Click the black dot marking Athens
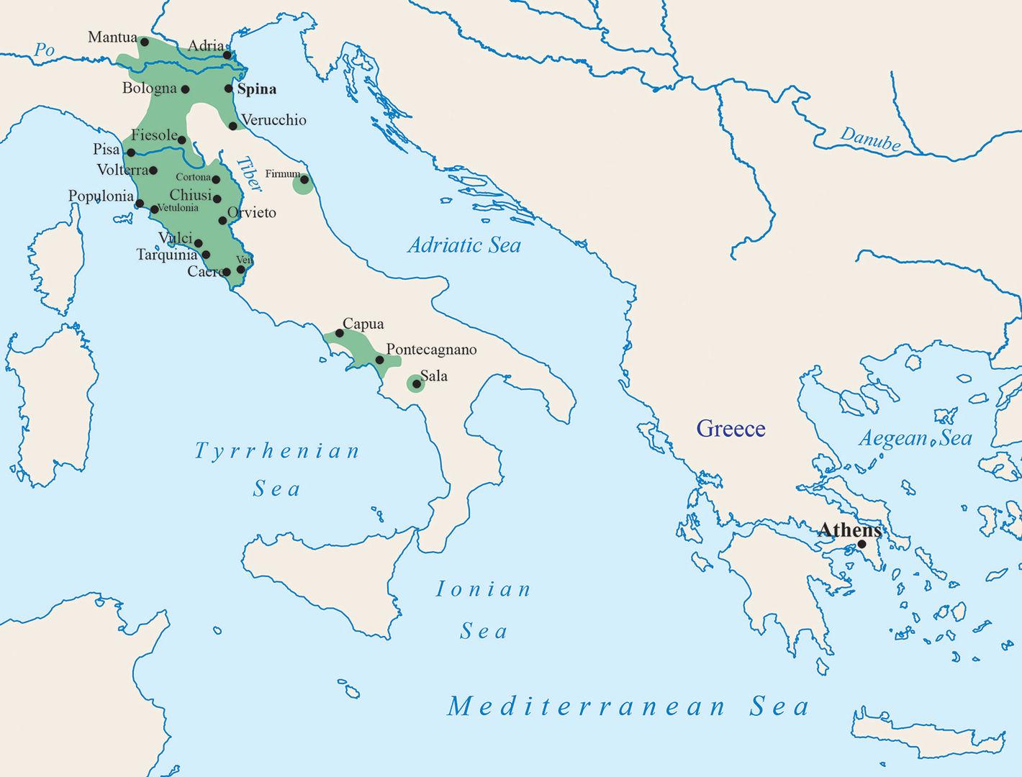pyautogui.click(x=862, y=544)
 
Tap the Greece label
pyautogui.click(x=731, y=429)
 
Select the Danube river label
pyautogui.click(x=870, y=139)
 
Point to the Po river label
pyautogui.click(x=45, y=50)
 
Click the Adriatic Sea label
pyautogui.click(x=464, y=245)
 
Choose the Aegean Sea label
pyautogui.click(x=915, y=438)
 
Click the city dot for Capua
pyautogui.click(x=340, y=333)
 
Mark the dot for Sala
pyautogui.click(x=416, y=384)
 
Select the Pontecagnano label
pyautogui.click(x=431, y=350)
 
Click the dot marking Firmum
pyautogui.click(x=304, y=180)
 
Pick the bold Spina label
pyautogui.click(x=257, y=89)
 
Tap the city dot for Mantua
pyautogui.click(x=145, y=42)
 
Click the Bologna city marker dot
pyautogui.click(x=185, y=89)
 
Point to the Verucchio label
pyautogui.click(x=273, y=120)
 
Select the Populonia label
pyautogui.click(x=101, y=196)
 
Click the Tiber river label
pyautogui.click(x=249, y=175)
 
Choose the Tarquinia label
pyautogui.click(x=166, y=255)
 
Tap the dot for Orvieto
pyautogui.click(x=222, y=220)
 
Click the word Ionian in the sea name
pyautogui.click(x=484, y=590)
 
